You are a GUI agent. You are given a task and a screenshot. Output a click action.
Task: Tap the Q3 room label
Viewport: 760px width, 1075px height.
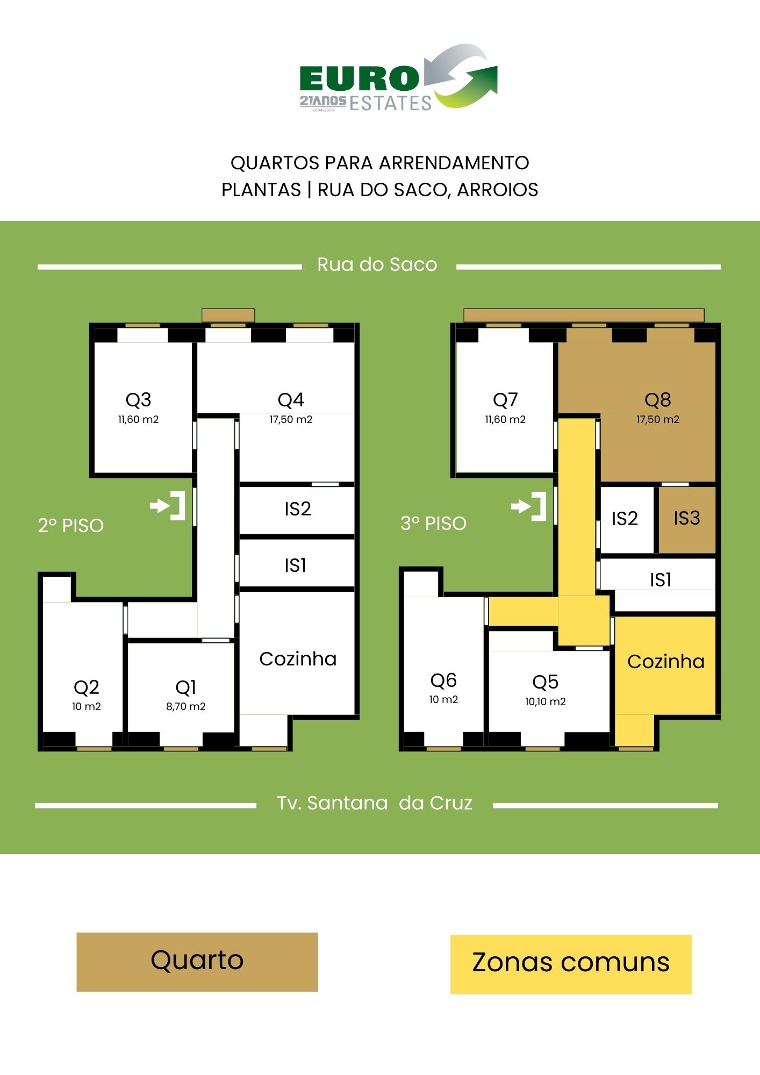(138, 400)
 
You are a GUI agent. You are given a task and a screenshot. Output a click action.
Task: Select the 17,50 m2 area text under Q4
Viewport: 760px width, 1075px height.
(291, 420)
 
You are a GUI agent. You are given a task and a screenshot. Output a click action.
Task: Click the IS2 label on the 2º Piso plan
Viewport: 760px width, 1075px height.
(298, 509)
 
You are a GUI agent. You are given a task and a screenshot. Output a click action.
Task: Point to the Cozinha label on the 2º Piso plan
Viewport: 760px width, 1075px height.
(298, 659)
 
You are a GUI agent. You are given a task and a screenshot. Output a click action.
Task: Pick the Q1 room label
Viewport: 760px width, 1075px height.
(185, 687)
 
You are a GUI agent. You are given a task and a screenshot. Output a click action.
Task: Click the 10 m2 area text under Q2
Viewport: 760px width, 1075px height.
(87, 707)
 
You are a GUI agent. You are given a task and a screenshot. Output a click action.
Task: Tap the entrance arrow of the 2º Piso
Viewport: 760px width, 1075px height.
(168, 506)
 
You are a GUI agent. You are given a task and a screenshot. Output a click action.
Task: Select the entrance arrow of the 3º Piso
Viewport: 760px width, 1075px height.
(529, 506)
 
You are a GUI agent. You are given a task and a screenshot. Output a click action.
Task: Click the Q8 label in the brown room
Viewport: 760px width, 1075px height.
(658, 400)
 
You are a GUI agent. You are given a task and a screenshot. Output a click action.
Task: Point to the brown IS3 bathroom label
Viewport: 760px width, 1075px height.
(687, 518)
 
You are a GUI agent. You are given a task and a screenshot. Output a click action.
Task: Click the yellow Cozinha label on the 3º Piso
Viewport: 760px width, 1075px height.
(666, 662)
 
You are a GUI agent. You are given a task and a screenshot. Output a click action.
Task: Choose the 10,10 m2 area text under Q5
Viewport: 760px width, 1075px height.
(546, 702)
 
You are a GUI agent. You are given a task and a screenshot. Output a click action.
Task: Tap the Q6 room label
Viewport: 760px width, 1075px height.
(443, 680)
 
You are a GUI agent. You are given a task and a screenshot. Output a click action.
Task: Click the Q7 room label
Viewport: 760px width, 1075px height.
(505, 400)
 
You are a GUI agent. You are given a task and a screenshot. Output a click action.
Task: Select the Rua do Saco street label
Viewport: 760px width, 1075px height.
(377, 264)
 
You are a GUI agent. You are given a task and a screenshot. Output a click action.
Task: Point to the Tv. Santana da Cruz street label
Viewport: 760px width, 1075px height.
(375, 803)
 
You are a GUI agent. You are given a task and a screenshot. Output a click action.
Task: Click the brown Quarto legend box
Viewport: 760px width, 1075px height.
(197, 962)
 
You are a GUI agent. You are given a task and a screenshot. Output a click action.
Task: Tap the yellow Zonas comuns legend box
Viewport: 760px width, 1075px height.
(571, 964)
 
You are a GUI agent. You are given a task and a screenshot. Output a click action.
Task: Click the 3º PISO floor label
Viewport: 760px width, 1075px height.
(434, 524)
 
